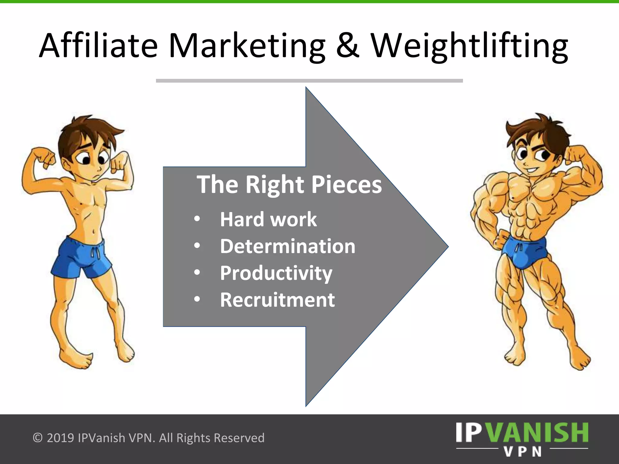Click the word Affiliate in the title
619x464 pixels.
click(x=99, y=46)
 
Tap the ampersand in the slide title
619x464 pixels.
click(x=347, y=46)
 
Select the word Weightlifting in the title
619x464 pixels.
click(x=469, y=46)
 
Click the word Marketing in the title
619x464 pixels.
click(x=247, y=46)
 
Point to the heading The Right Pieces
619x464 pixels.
click(x=289, y=184)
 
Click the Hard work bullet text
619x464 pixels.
click(x=268, y=219)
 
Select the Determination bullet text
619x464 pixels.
click(x=287, y=246)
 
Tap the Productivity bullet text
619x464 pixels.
click(x=276, y=273)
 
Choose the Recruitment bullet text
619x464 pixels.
click(x=277, y=300)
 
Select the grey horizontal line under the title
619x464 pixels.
click(x=309, y=81)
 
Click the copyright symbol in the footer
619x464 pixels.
click(x=37, y=438)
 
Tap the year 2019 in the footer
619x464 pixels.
click(x=60, y=438)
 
